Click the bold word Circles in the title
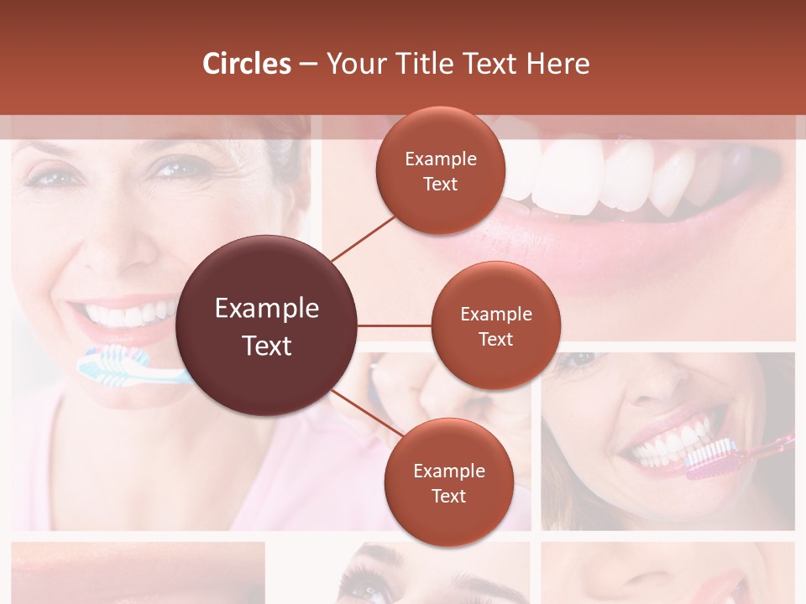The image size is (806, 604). pos(247,64)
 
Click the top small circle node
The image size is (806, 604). pos(441,171)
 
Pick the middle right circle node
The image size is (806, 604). pos(495,325)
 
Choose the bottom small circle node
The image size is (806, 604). pos(448,483)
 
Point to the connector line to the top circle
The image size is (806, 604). pos(364,239)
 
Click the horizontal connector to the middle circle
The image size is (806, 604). pos(395,325)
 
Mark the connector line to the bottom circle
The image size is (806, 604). pos(367,414)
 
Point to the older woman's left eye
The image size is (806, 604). pos(175,169)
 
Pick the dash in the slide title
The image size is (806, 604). pos(308,64)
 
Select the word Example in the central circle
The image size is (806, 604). pos(267,309)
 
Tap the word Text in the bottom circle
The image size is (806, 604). pos(448,496)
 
